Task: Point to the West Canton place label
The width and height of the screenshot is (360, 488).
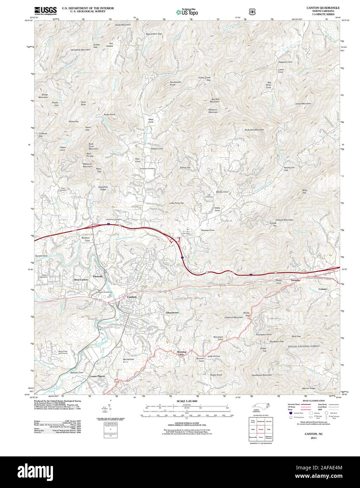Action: coord(81,279)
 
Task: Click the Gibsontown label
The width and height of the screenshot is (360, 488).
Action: coord(172,312)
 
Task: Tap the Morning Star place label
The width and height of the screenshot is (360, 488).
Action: coord(181,353)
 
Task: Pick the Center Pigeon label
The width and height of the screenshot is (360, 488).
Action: coord(97,376)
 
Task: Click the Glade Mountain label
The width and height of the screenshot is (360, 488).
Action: coord(123,25)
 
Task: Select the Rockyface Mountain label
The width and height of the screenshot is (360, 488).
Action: coord(254,130)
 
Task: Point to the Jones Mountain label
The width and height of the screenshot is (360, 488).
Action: coord(303,104)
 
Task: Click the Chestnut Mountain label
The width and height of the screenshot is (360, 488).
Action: coord(234,317)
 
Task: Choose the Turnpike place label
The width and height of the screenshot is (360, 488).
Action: coord(295,281)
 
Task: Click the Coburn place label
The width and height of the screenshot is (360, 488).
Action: coord(322,289)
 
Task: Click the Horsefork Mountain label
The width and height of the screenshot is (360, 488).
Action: coord(80,50)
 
